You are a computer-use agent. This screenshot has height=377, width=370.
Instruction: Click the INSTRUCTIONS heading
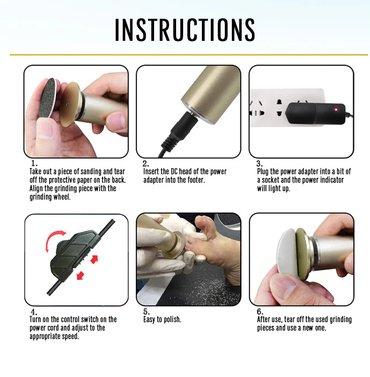pos(185,30)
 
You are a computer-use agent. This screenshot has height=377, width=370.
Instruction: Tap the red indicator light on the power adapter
pos(336,110)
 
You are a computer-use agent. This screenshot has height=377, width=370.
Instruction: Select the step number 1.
pos(34,163)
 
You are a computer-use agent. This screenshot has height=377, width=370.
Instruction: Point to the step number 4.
pos(34,312)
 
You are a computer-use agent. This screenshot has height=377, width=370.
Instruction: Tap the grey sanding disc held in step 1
pos(47,98)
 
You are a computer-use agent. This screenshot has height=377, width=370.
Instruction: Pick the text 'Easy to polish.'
pos(162,319)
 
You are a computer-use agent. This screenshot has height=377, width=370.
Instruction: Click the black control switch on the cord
pos(74,255)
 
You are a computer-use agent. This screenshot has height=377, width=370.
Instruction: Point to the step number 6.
pos(260,312)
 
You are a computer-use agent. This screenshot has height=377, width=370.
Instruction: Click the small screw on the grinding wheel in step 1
pos(67,104)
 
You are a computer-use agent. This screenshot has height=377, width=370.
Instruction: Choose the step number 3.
pos(259,163)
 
